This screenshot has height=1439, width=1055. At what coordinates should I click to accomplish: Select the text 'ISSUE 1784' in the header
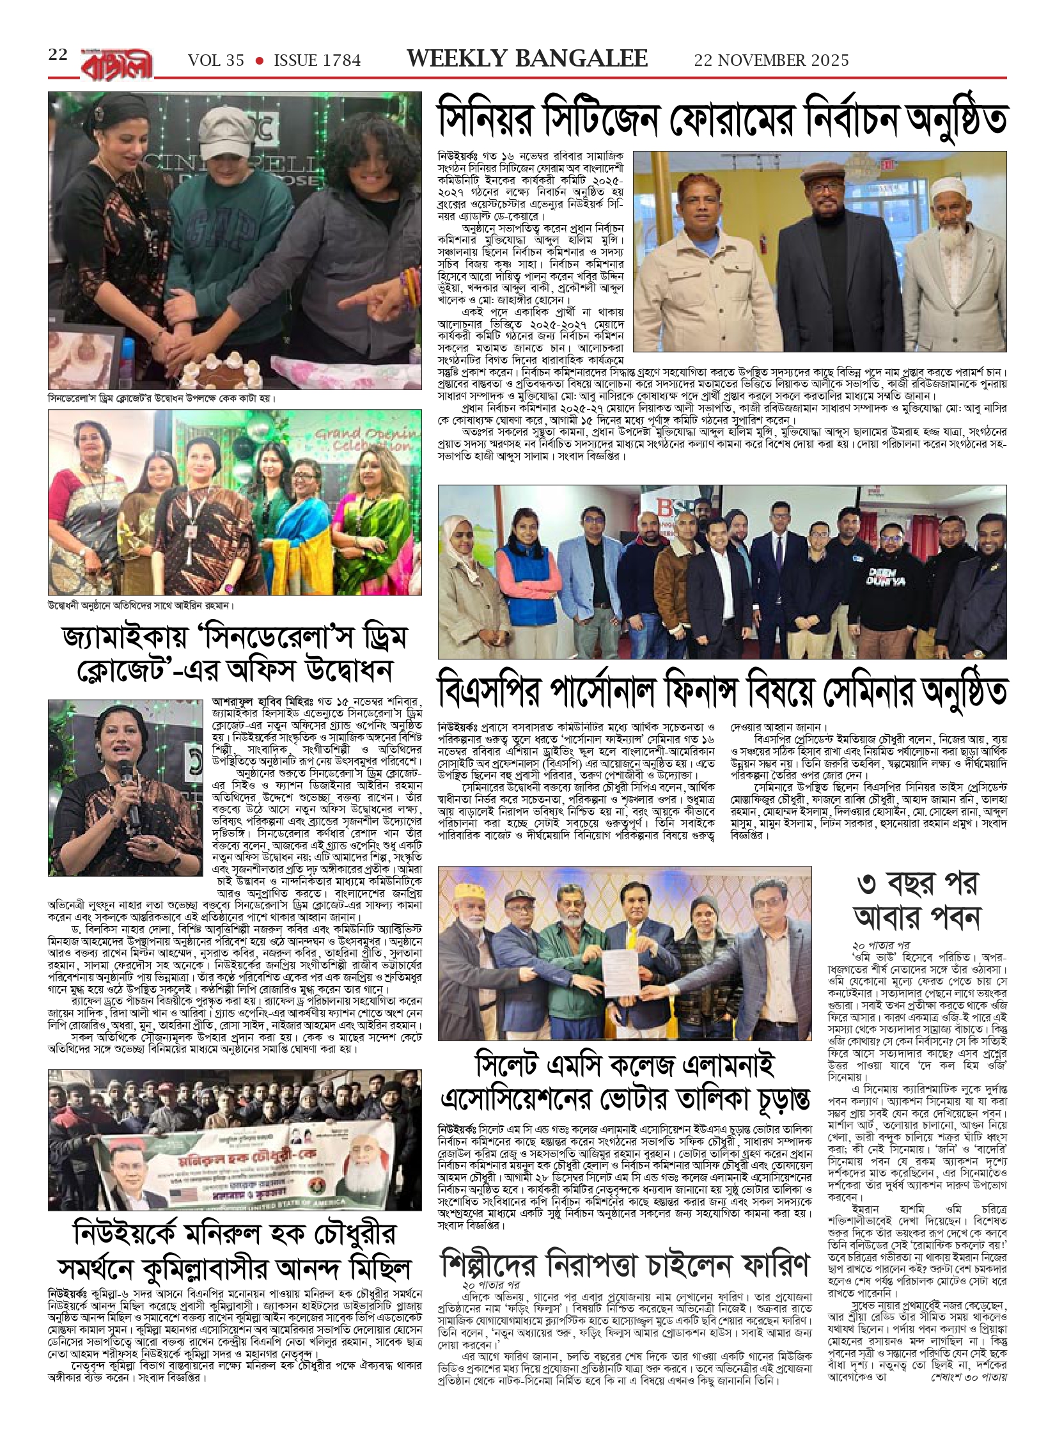pos(317,60)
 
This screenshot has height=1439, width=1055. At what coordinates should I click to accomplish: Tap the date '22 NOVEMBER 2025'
pos(771,60)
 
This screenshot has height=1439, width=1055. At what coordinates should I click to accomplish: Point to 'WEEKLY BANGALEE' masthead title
pos(527,59)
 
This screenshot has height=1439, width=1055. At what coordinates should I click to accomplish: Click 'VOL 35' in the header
pos(216,60)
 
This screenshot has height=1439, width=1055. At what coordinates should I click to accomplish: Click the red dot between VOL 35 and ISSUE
pos(259,61)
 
